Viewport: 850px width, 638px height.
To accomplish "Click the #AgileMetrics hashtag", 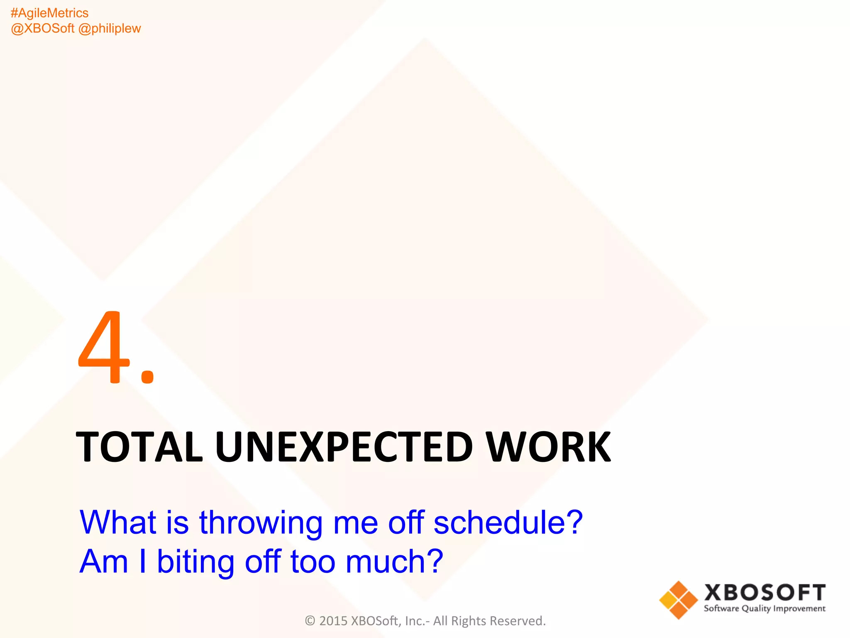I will coord(49,13).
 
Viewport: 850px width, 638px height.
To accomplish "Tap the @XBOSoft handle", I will coord(42,29).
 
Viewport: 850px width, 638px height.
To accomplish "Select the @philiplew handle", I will coord(110,29).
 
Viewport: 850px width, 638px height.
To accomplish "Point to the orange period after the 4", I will coord(147,376).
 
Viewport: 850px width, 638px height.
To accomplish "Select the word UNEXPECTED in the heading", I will coord(344,447).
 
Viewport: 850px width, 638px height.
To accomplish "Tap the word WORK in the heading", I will coord(548,447).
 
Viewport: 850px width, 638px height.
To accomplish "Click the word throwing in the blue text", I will coord(261,523).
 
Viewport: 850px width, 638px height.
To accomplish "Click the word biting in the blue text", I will coord(195,562).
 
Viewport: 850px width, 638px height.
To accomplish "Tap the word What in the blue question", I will coord(118,523).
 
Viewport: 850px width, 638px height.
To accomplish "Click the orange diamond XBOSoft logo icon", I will coord(679,600).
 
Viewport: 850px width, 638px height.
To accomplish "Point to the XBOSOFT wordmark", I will coord(765,593).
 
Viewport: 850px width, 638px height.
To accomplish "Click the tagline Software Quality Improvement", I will coord(765,609).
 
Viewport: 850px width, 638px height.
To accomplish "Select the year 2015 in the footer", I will coord(333,621).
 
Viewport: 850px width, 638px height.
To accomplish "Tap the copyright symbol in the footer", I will coord(310,621).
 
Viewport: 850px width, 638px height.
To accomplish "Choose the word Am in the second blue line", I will coord(104,562).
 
